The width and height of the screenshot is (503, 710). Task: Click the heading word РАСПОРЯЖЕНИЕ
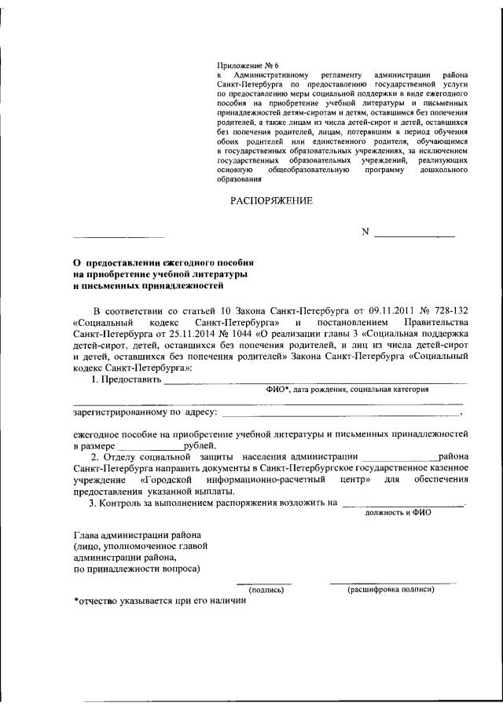[271, 201]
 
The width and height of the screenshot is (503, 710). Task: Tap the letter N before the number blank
[365, 232]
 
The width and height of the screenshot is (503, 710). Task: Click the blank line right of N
[414, 235]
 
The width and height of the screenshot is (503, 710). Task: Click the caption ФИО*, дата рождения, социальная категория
[347, 389]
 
